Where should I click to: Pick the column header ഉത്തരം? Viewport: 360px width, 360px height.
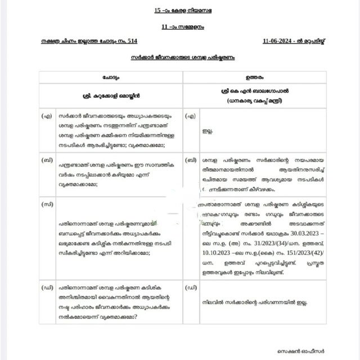tap(255, 76)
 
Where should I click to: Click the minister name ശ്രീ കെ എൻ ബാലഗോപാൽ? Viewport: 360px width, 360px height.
tap(255, 90)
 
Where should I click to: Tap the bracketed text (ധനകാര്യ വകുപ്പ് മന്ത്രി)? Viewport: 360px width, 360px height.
tap(255, 101)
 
